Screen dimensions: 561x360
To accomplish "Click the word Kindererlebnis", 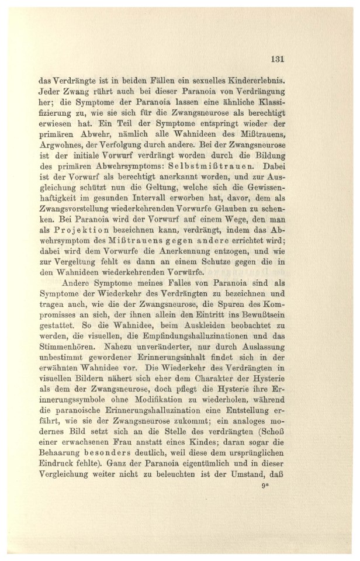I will click(x=251, y=79).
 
